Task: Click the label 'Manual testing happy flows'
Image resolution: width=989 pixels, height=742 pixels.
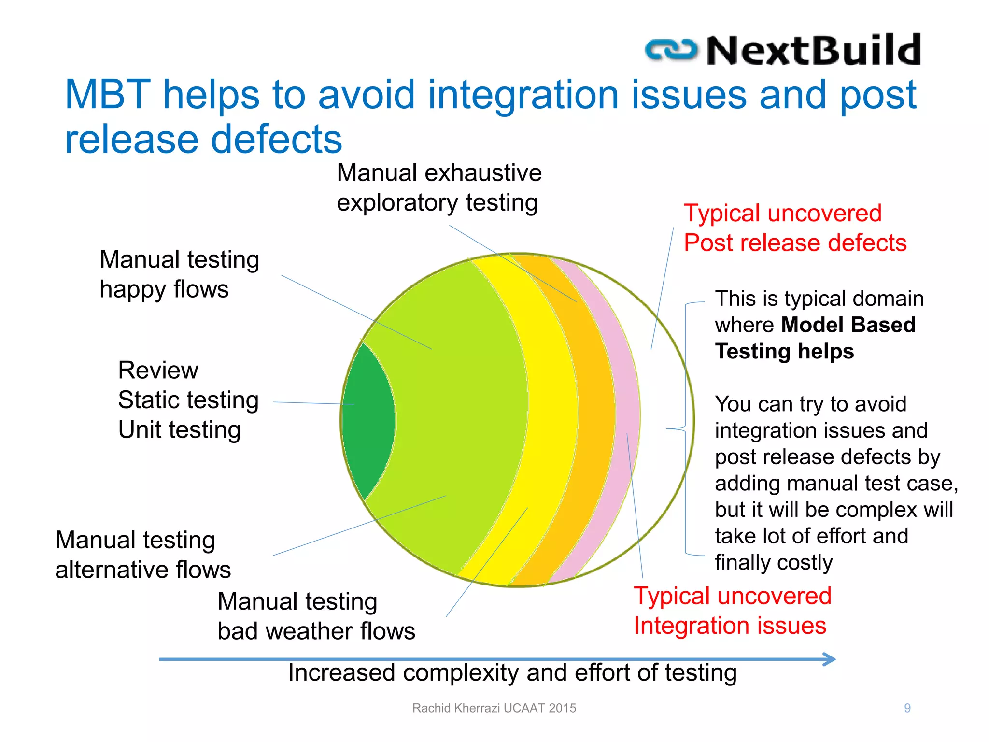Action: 179,274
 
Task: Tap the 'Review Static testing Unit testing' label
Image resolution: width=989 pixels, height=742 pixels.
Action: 188,400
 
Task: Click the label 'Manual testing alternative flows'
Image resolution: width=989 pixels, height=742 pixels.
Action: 143,555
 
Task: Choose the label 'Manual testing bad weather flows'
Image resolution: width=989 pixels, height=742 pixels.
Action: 316,616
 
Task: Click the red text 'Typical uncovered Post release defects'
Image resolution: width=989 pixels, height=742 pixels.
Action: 794,228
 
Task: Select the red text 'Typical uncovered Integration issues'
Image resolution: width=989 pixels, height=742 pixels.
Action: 732,611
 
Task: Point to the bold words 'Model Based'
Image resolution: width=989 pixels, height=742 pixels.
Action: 848,325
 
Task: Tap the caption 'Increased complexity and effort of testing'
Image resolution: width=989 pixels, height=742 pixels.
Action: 512,673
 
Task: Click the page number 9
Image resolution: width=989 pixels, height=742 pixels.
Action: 907,708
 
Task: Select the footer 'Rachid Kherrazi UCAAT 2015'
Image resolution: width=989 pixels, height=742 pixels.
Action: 494,708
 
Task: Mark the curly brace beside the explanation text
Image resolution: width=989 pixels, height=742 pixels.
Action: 685,428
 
